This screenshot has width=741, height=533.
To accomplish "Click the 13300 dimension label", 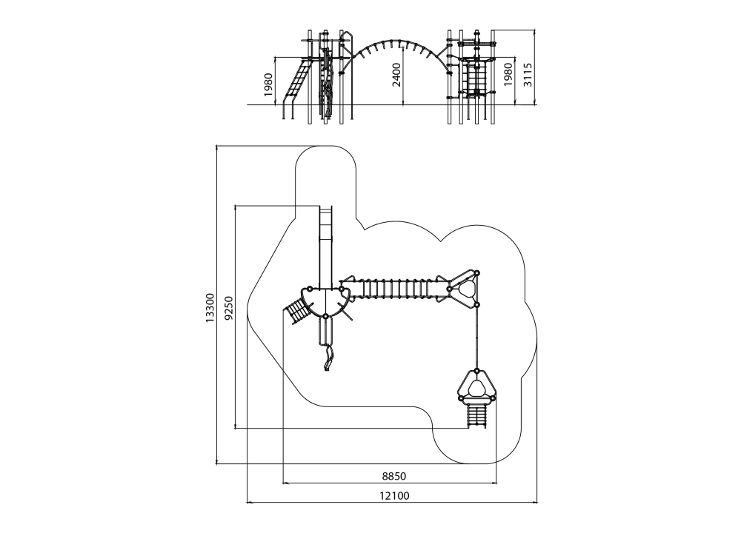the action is point(210,308).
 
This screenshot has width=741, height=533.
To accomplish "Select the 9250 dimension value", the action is point(229,308).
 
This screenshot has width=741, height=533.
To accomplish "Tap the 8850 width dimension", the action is point(394,476).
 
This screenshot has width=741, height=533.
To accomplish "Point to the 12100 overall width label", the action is point(395,496).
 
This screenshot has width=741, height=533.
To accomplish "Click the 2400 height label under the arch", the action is point(396,75).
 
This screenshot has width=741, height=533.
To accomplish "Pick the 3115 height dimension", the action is point(528,75).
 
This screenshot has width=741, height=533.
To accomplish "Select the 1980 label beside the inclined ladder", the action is point(268,85).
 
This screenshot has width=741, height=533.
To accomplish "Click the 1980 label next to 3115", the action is point(508,75).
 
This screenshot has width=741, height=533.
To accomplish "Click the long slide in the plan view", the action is point(325,247).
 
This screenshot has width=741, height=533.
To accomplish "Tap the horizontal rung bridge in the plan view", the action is point(394,289).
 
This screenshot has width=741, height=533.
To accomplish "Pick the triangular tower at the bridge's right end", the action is point(463,289).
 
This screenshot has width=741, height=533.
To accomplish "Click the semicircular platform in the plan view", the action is point(325,301).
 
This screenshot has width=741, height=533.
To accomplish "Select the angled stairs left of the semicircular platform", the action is point(297,311).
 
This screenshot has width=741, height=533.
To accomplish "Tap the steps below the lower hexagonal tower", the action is point(476,416).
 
